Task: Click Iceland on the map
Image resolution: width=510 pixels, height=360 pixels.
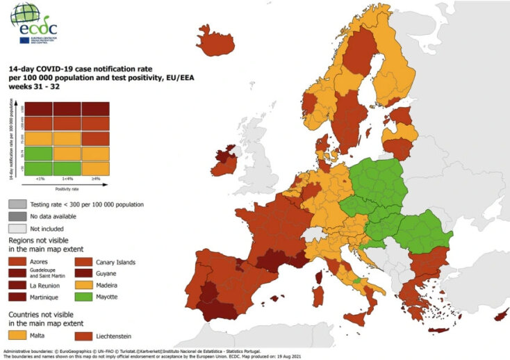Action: (213, 37)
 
